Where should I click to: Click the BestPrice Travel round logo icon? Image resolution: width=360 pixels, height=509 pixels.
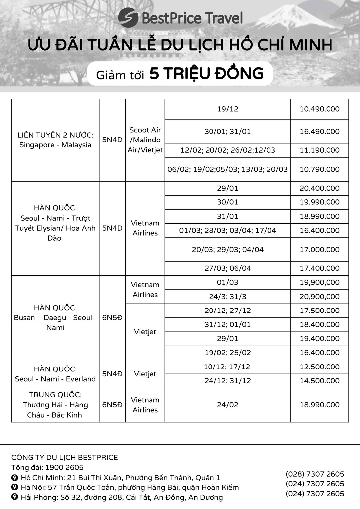tap(128, 18)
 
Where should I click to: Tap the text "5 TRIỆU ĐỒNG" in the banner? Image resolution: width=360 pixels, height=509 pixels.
tap(207, 74)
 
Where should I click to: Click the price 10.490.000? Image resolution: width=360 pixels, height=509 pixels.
tap(320, 109)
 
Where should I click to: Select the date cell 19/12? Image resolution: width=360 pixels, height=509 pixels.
tap(228, 109)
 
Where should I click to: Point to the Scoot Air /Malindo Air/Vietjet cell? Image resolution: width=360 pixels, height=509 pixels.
tap(145, 140)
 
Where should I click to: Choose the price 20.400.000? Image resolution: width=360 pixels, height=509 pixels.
tap(320, 188)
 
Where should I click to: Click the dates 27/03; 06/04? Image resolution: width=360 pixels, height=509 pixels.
tap(228, 268)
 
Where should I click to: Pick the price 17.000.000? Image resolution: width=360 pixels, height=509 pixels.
tap(320, 250)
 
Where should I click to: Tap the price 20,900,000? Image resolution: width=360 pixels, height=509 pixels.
tap(320, 297)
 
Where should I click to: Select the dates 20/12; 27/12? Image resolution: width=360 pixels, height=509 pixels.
tap(228, 311)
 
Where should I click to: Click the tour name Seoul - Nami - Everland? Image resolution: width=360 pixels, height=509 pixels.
tap(55, 379)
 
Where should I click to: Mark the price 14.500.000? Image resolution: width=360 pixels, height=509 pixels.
tap(320, 381)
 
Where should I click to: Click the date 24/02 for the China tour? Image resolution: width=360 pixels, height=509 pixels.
tap(228, 405)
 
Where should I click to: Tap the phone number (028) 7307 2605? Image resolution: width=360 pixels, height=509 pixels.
tap(315, 474)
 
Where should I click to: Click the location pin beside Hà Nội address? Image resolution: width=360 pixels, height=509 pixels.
tap(15, 487)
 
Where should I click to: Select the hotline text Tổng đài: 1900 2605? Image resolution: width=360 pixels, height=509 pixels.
tap(47, 467)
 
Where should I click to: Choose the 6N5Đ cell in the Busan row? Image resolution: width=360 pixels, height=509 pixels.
tap(112, 318)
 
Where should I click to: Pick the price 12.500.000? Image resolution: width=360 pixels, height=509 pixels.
tap(320, 367)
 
